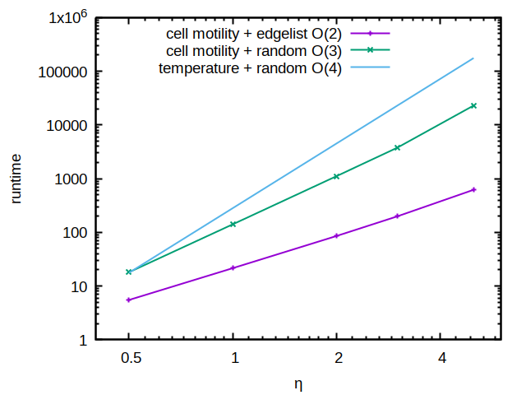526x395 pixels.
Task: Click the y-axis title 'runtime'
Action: tap(16, 179)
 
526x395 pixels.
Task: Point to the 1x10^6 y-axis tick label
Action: tap(62, 17)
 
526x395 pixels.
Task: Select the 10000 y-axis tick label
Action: tap(68, 125)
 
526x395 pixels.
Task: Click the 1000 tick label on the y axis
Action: tap(72, 179)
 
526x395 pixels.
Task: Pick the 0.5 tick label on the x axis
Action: tap(129, 359)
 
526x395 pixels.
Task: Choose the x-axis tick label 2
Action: tap(337, 359)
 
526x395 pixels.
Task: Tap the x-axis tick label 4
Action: tap(441, 359)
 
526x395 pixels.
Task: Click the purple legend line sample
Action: tap(370, 34)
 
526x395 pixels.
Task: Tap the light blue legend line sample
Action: tap(370, 67)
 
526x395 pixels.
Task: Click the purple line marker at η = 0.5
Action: tap(129, 300)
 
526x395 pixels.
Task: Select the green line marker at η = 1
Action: tap(233, 224)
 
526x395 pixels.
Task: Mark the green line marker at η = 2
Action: tap(337, 176)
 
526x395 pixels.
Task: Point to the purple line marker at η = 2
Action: tap(337, 236)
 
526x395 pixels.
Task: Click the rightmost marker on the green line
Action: tap(473, 105)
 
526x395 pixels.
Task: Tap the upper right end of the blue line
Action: tap(473, 58)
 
